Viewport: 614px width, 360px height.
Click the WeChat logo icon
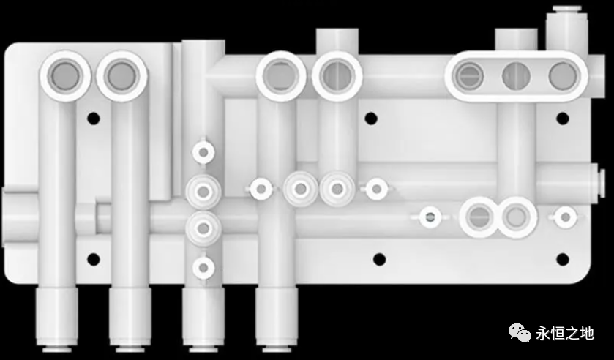[x=520, y=333]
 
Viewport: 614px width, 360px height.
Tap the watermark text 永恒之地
[x=565, y=334]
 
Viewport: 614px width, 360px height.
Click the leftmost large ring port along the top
[x=65, y=76]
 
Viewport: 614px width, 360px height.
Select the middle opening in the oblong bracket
[x=516, y=76]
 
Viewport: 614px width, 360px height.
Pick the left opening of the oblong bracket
[x=468, y=76]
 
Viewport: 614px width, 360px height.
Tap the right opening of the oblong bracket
[x=563, y=76]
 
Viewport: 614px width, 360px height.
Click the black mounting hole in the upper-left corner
[x=93, y=119]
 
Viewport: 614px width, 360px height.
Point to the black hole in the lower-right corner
[x=562, y=259]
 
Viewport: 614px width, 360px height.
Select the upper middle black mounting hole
[x=371, y=119]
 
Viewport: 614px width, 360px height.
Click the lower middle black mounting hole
[x=379, y=259]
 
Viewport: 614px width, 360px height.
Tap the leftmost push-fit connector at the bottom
[x=57, y=319]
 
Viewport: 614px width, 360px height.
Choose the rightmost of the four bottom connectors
[x=277, y=319]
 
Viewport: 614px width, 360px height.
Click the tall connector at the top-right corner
[x=566, y=29]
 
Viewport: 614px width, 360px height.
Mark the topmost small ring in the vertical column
[x=203, y=152]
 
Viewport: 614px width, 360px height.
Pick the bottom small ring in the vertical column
[x=203, y=268]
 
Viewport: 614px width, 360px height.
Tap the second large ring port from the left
[x=121, y=76]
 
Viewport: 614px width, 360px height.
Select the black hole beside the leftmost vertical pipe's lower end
[x=93, y=259]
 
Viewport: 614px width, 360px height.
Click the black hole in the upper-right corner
[x=562, y=119]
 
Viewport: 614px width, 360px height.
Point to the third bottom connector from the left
[x=203, y=319]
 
